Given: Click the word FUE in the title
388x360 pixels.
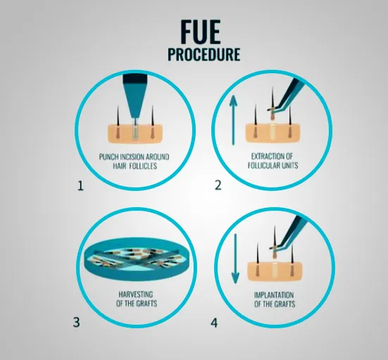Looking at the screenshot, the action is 201,32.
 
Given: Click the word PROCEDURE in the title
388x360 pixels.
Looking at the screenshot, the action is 204,54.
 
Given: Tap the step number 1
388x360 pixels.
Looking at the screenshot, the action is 81,186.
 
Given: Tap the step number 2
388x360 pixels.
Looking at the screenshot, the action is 218,185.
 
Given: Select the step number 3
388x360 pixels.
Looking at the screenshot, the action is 77,323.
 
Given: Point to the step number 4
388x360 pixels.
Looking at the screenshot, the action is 214,323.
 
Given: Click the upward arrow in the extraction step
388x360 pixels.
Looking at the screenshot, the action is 233,120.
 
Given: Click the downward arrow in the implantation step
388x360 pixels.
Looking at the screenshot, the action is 235,259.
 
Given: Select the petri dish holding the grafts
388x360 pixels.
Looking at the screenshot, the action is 137,259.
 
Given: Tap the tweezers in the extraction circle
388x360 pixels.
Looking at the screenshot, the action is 288,94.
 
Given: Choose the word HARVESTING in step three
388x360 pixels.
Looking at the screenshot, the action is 136,294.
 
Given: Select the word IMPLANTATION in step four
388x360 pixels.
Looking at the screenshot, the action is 274,295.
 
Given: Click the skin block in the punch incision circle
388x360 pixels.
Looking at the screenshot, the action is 135,134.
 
